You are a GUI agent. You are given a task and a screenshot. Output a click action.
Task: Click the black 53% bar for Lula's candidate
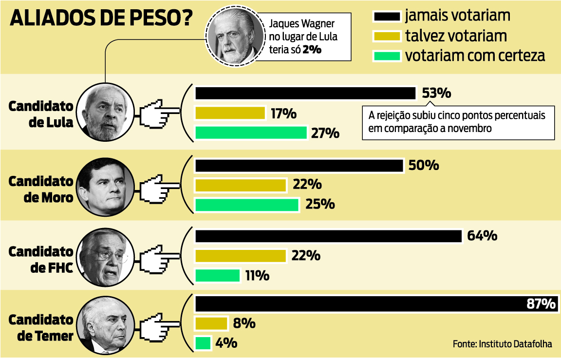305,93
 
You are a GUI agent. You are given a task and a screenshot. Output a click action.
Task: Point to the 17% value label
283,114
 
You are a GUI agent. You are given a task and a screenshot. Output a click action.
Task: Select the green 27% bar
251,133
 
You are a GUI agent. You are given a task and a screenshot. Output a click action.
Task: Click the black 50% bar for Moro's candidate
299,166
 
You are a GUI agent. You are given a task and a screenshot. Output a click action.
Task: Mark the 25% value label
320,204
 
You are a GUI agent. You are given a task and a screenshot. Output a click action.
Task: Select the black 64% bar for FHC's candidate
328,236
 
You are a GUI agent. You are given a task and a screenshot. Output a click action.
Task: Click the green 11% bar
217,276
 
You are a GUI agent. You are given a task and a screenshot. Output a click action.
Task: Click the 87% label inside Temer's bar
541,304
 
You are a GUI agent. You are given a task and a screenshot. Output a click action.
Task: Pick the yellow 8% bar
211,323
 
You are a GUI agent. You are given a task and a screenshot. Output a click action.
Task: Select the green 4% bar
203,343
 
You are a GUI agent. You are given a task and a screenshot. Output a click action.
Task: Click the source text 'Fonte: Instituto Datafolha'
502,344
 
